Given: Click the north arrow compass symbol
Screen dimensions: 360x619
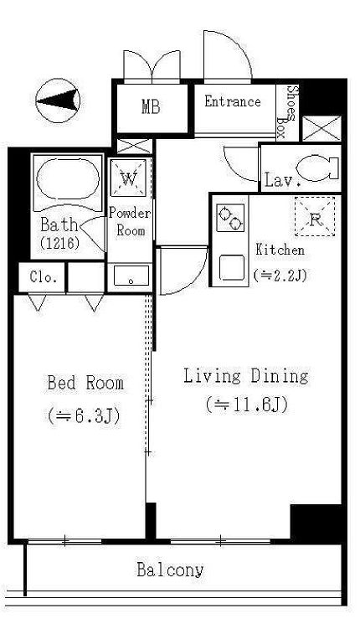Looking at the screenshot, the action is [58, 101].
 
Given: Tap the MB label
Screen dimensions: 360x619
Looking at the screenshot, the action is [152, 106].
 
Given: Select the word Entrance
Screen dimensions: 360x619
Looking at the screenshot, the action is [233, 101].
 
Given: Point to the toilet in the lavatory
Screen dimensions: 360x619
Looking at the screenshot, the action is [317, 168].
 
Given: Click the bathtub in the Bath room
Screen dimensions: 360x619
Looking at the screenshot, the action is [68, 178].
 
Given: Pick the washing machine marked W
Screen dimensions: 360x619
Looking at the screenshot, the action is [128, 178].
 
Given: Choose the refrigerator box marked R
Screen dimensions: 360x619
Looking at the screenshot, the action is [315, 216].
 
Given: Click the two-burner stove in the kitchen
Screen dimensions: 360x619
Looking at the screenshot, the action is [230, 218].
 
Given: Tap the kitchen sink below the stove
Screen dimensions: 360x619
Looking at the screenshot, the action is [232, 267].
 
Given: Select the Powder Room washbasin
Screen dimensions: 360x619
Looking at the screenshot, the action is [131, 275].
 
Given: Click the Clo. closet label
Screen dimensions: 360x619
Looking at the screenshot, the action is [44, 277].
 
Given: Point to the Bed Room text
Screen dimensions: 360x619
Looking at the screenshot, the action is [85, 383].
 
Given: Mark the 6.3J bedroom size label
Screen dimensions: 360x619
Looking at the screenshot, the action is [84, 416].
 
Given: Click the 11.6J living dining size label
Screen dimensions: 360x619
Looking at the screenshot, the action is [247, 405].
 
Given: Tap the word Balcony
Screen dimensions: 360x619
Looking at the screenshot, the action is [171, 570].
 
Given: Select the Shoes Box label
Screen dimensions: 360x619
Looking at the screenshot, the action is [286, 111].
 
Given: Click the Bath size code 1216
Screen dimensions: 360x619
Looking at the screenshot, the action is [59, 243].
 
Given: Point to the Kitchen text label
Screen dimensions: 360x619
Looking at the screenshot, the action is [280, 250].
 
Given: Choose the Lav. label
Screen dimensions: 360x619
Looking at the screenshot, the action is [283, 180].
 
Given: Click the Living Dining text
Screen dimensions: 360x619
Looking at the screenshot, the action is [246, 375].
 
